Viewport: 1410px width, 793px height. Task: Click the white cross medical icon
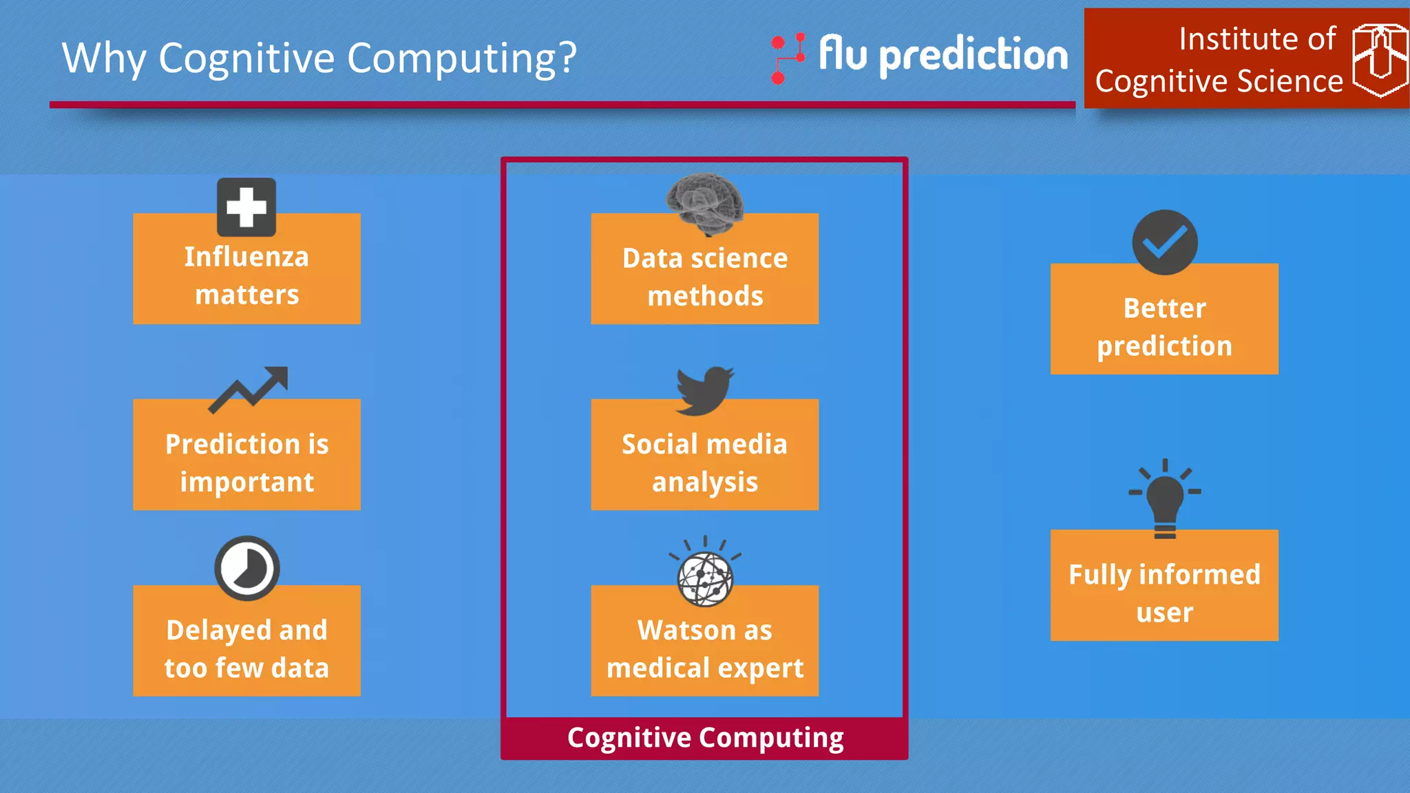click(246, 207)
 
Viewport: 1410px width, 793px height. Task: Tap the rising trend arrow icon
click(249, 389)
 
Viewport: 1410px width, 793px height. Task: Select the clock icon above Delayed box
click(246, 568)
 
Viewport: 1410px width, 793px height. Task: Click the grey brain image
click(705, 203)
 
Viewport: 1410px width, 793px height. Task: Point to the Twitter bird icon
click(704, 390)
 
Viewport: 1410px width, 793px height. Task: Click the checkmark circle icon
click(1164, 242)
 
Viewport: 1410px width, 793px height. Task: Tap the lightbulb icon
click(1164, 499)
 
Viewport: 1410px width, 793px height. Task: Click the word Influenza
click(246, 257)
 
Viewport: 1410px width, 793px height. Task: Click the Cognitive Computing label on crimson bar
click(705, 738)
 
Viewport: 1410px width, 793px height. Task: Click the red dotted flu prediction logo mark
click(788, 59)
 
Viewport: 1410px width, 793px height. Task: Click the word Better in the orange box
click(1164, 308)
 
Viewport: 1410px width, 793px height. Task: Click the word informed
click(1199, 575)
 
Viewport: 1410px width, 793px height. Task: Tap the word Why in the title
click(104, 58)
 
